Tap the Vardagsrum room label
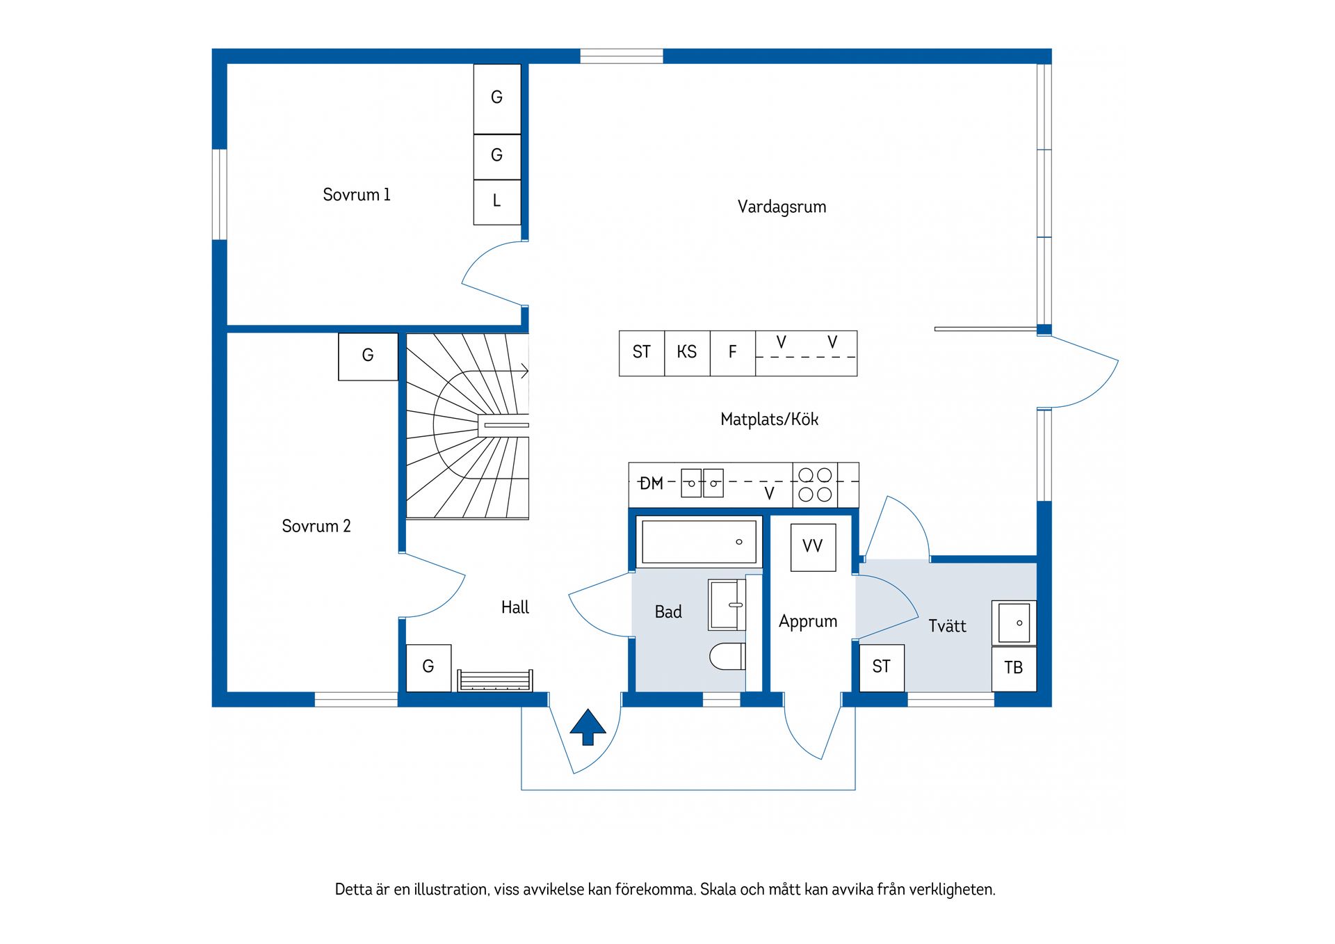[x=782, y=207]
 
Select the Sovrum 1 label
[x=356, y=195]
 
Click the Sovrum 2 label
[x=316, y=526]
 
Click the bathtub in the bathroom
[x=698, y=542]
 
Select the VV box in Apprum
[x=813, y=547]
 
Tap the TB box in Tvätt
[x=1013, y=668]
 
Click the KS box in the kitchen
[x=687, y=353]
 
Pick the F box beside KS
[x=732, y=353]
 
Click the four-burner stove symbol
[x=815, y=485]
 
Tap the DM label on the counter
[x=652, y=483]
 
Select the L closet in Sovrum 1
[x=496, y=202]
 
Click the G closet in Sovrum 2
[x=368, y=356]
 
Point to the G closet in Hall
[x=428, y=667]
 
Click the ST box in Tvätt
[x=881, y=667]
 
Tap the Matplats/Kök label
[x=769, y=419]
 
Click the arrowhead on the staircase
[x=524, y=371]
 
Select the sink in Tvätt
[x=1014, y=623]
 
